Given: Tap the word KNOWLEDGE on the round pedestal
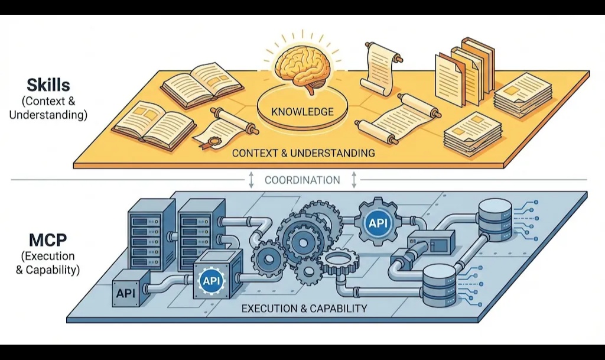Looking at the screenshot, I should tap(302, 111).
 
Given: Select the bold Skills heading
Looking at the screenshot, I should tap(48, 85).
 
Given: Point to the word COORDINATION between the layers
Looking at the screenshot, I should tap(302, 180).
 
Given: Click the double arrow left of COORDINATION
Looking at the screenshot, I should tap(251, 180).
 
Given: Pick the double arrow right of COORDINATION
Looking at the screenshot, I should tap(354, 180).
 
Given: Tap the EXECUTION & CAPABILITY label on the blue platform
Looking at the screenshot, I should tap(304, 308).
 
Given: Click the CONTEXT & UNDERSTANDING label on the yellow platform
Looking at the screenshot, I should tap(303, 153).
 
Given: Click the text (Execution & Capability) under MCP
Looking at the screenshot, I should tap(48, 264).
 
